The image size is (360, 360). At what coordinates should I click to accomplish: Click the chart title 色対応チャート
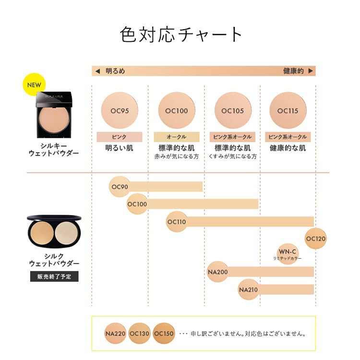point(181,35)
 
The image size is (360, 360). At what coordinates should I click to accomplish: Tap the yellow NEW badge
point(34,85)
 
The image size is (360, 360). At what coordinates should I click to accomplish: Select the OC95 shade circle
point(120,110)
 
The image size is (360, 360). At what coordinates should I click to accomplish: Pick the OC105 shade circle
point(233,110)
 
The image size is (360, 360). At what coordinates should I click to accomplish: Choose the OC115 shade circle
point(288,110)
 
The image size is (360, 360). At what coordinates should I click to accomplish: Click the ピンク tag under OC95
point(120,137)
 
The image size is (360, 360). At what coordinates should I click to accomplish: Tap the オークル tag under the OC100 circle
point(176,137)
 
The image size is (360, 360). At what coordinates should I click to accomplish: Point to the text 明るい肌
point(120,148)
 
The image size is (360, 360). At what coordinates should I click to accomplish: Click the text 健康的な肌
point(288,148)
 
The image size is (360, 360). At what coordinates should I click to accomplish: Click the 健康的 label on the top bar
point(293,71)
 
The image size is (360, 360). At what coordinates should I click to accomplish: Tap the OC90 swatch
point(120,187)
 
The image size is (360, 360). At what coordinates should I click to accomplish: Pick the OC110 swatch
point(176,222)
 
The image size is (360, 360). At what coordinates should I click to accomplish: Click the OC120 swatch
point(315,239)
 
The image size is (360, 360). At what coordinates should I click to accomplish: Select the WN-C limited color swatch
point(288,252)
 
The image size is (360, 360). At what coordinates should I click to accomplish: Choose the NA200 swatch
point(217,272)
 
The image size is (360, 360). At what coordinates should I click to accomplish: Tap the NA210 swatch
point(248,289)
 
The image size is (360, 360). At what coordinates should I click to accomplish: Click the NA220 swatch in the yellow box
point(115,334)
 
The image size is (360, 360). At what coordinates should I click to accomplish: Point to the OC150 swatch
point(164,334)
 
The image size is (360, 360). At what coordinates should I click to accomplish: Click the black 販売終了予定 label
point(54,276)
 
